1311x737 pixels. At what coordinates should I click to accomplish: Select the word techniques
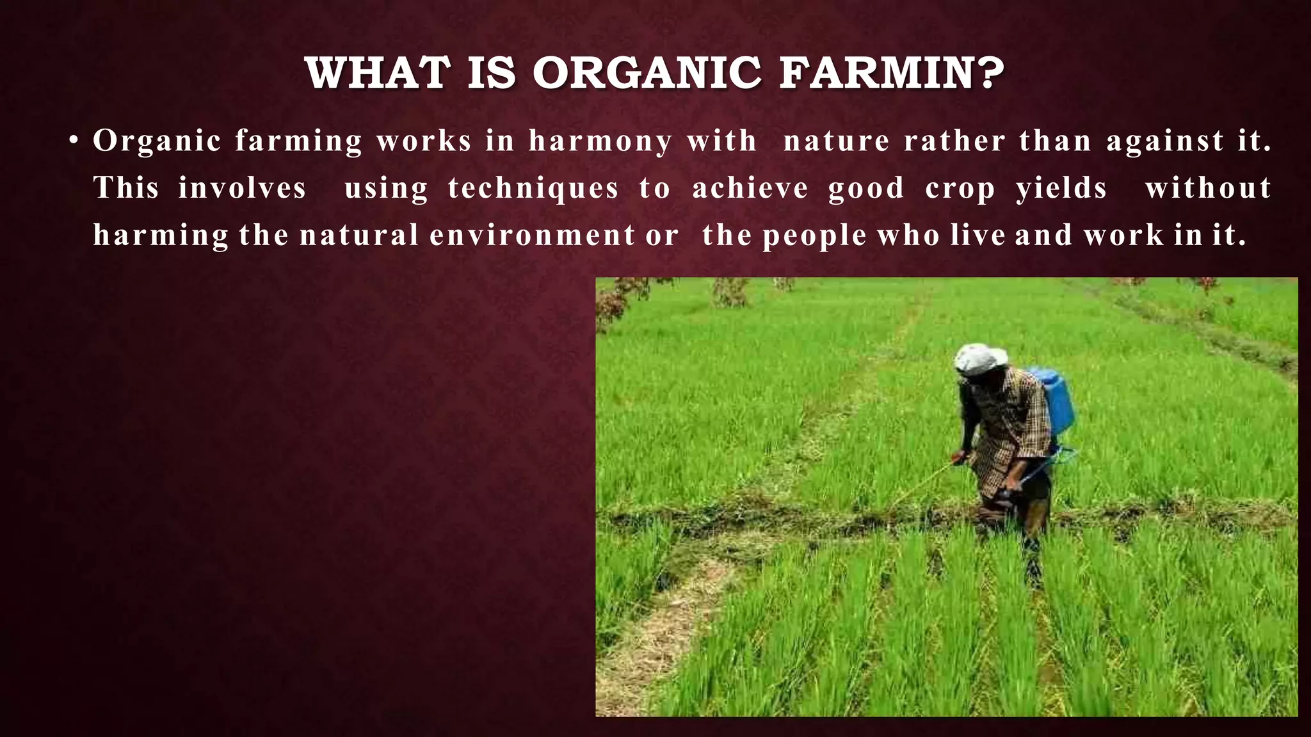533,189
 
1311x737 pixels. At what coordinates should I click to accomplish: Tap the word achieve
750,188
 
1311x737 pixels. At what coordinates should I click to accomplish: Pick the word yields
1061,189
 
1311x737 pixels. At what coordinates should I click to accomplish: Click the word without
1208,188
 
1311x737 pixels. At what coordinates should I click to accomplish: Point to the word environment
532,235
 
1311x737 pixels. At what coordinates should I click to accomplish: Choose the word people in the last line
814,236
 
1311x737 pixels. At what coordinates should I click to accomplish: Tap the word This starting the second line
126,188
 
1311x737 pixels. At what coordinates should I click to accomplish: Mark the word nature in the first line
836,141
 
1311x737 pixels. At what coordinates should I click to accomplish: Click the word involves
242,188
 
